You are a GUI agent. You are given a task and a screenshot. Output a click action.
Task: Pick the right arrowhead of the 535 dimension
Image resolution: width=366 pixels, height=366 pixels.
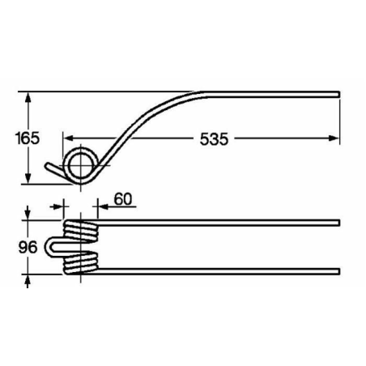pyautogui.click(x=334, y=138)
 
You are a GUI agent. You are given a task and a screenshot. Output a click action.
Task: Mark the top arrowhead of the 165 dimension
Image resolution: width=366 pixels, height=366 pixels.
pyautogui.click(x=29, y=96)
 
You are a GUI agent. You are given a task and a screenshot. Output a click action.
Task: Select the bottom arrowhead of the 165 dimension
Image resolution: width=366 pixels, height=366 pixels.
pyautogui.click(x=29, y=179)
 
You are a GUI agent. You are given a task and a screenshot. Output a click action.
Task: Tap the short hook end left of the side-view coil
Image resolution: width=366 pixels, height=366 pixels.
pyautogui.click(x=53, y=170)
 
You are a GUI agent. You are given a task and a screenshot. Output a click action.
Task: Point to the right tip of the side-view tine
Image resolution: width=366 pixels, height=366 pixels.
pyautogui.click(x=338, y=92)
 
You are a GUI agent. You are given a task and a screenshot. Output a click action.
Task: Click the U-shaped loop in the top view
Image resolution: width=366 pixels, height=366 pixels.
pyautogui.click(x=54, y=246)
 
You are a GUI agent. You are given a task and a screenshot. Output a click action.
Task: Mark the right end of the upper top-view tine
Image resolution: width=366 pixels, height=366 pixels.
pyautogui.click(x=338, y=222)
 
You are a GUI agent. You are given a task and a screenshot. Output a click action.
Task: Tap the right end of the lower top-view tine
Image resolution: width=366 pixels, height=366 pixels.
pyautogui.click(x=338, y=270)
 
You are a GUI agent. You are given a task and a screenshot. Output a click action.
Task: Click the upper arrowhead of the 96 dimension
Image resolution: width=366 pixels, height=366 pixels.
pyautogui.click(x=29, y=218)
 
